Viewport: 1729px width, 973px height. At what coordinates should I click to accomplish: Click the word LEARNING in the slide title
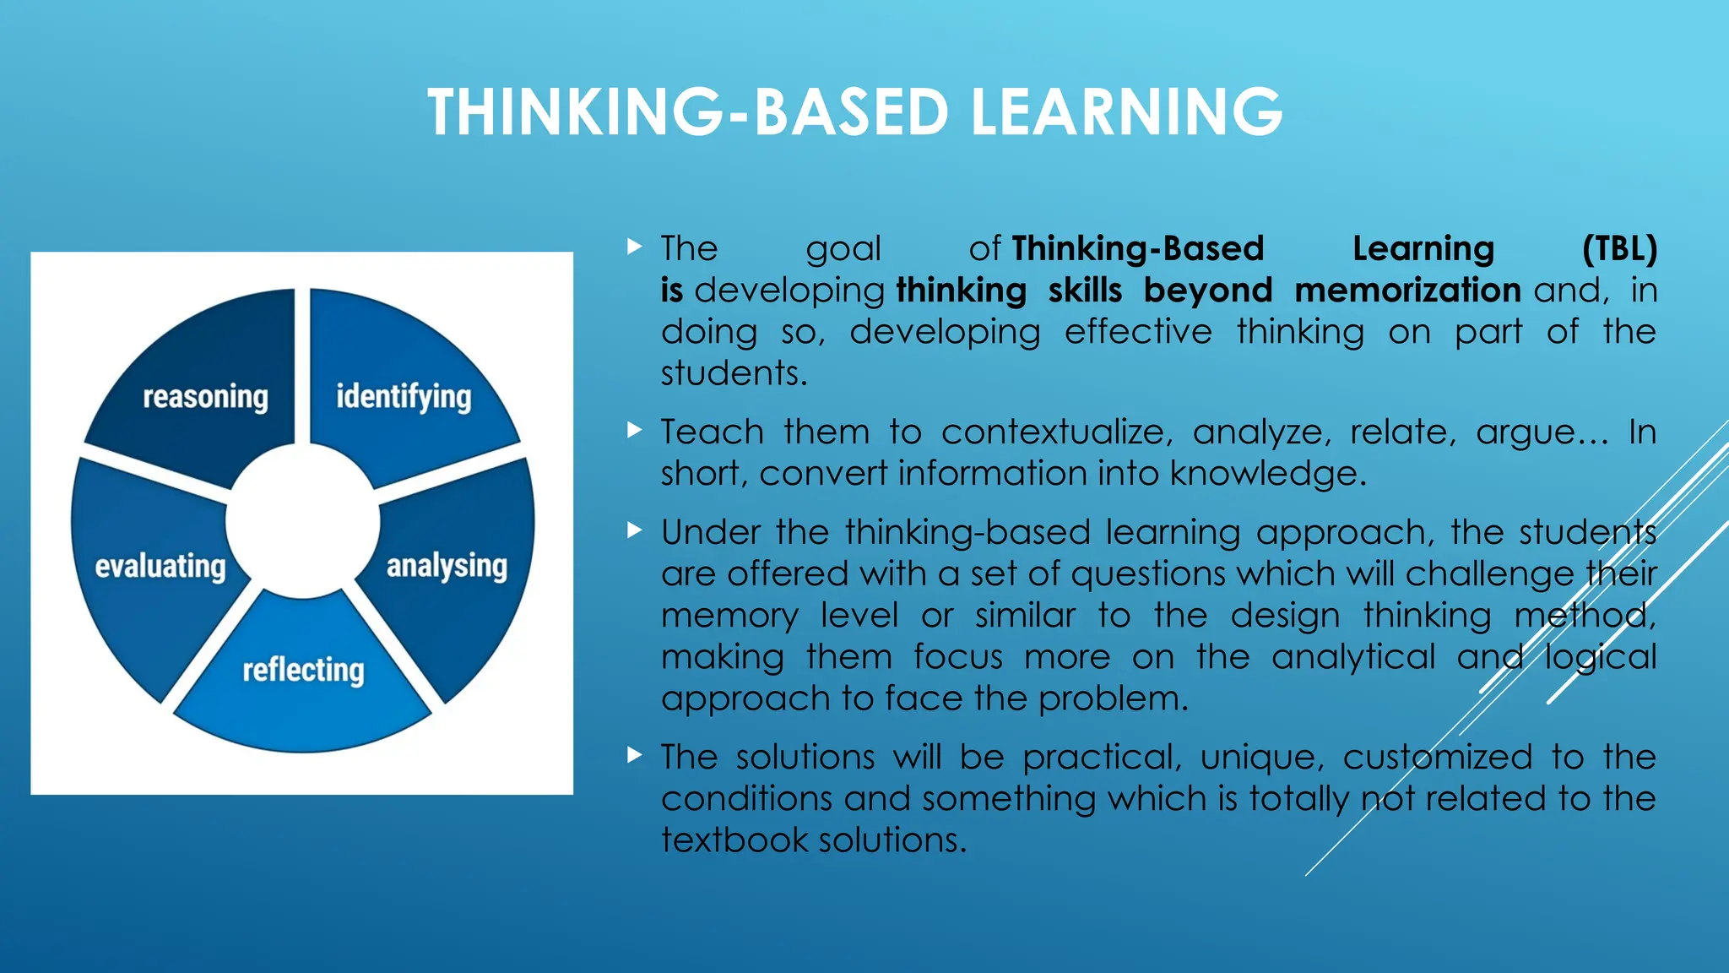(x=1126, y=112)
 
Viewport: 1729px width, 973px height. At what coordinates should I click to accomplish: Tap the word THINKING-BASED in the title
(x=688, y=112)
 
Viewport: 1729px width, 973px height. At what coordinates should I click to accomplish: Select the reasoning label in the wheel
(x=205, y=397)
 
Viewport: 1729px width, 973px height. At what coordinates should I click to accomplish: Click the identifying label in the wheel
(x=404, y=397)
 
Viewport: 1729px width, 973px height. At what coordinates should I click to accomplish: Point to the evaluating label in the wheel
(x=160, y=567)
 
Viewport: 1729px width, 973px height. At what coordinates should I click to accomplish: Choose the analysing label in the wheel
(x=447, y=567)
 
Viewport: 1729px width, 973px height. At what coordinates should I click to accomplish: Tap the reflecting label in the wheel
(x=303, y=671)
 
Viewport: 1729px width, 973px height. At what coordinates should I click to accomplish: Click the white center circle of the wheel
(x=302, y=522)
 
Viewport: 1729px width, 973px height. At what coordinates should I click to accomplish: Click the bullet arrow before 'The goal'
(x=635, y=247)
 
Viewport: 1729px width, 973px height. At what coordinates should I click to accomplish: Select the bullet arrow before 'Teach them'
(x=635, y=431)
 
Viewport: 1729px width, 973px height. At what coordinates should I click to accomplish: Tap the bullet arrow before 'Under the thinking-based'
(x=635, y=531)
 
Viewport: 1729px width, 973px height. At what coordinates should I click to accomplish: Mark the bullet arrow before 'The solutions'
(x=635, y=755)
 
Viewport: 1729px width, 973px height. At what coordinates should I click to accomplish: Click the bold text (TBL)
(x=1619, y=249)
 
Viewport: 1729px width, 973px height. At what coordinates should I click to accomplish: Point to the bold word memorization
(x=1407, y=291)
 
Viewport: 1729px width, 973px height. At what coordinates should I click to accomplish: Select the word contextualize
(x=1056, y=432)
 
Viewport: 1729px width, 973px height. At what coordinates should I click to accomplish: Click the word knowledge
(x=1266, y=474)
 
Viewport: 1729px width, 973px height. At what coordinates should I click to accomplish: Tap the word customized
(x=1437, y=757)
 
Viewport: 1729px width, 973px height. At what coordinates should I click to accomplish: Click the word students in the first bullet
(x=733, y=373)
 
